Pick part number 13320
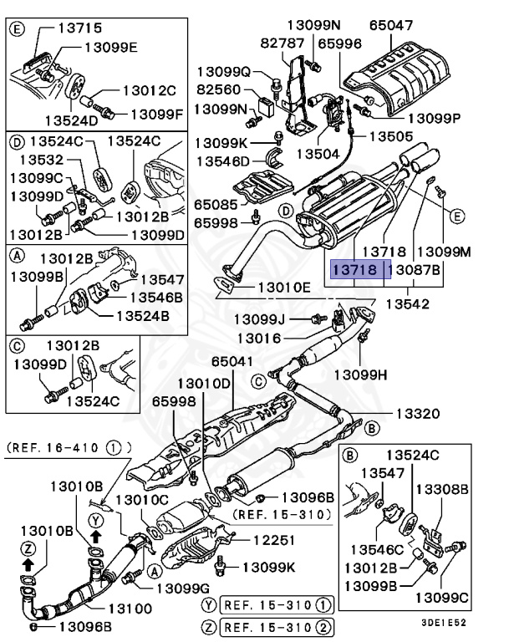[x=416, y=414]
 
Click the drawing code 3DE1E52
[x=443, y=623]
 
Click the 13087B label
[x=418, y=271]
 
